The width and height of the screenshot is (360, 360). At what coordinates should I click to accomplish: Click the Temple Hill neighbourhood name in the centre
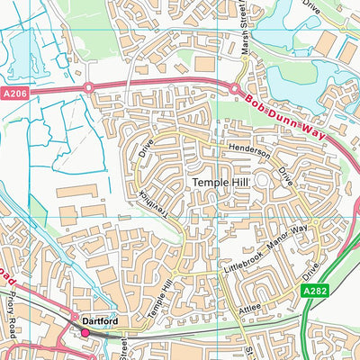220,183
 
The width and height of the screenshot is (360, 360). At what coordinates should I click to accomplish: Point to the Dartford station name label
102,319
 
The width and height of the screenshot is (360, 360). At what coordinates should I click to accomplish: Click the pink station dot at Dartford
85,333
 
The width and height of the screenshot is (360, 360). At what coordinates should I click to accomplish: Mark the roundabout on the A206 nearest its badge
89,87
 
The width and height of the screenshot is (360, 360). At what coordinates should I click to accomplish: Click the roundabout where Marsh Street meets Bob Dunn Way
235,89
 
